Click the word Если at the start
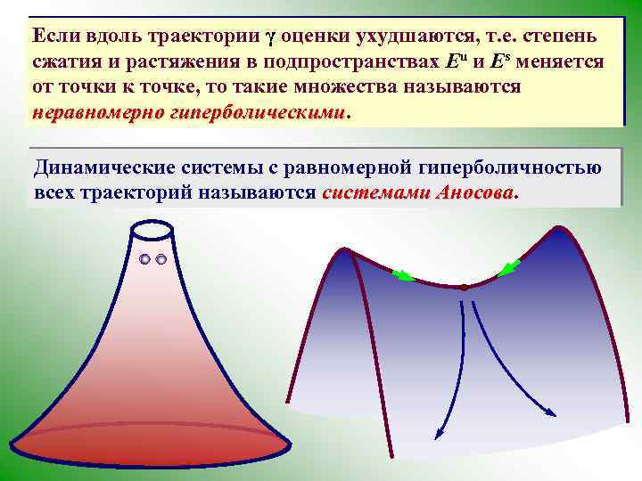pyautogui.click(x=57, y=37)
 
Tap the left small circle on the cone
pyautogui.click(x=145, y=260)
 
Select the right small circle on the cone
pyautogui.click(x=161, y=260)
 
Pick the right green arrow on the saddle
pyautogui.click(x=511, y=266)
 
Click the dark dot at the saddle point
pyautogui.click(x=464, y=288)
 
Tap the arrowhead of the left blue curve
pyautogui.click(x=438, y=435)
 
